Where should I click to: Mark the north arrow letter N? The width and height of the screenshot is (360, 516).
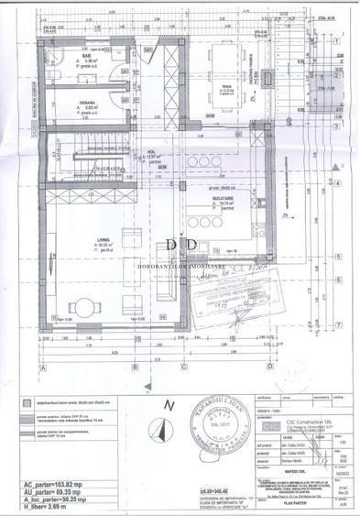[x=168, y=403]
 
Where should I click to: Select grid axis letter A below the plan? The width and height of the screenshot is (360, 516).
[x=41, y=366]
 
